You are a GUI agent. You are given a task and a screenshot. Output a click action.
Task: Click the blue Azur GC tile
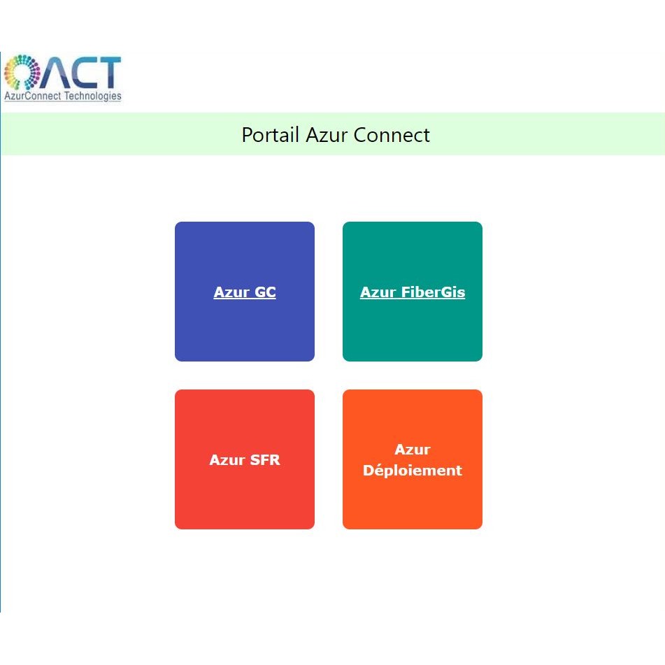click(245, 292)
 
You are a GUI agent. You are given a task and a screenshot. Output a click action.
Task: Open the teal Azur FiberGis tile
click(413, 292)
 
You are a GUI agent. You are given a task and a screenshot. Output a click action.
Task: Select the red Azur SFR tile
click(245, 459)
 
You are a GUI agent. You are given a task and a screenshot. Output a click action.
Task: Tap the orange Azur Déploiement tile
click(413, 459)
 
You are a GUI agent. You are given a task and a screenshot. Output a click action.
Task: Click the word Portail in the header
click(271, 135)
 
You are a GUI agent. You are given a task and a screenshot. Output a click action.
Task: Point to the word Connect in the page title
click(392, 135)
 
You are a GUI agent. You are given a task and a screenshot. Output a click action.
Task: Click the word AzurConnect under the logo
click(33, 96)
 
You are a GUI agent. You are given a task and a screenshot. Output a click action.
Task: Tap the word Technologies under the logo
click(92, 96)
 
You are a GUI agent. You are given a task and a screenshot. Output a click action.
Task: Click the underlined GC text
click(265, 292)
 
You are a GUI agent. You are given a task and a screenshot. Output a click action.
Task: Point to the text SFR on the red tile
click(265, 459)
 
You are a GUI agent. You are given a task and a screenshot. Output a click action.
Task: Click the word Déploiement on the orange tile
click(413, 471)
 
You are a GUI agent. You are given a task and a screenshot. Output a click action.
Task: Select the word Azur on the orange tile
click(413, 449)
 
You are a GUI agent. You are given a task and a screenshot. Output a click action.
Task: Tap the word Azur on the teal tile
click(378, 292)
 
